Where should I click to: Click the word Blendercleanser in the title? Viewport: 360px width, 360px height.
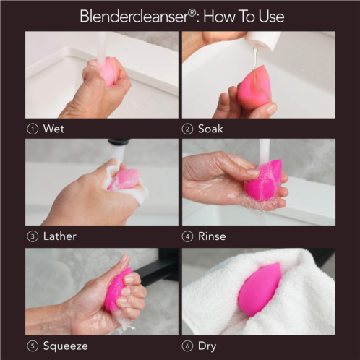pyautogui.click(x=134, y=17)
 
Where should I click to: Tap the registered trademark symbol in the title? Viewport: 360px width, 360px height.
pyautogui.click(x=192, y=13)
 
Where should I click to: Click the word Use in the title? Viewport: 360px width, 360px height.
pyautogui.click(x=271, y=17)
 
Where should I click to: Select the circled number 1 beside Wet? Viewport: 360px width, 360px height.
pyautogui.click(x=33, y=129)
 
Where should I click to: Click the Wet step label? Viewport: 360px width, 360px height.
pyautogui.click(x=53, y=129)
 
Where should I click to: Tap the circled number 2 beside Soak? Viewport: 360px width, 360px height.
pyautogui.click(x=187, y=129)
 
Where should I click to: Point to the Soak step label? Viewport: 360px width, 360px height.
pyautogui.click(x=210, y=129)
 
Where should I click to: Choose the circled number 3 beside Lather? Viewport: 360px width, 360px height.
pyautogui.click(x=33, y=236)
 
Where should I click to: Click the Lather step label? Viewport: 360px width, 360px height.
pyautogui.click(x=60, y=236)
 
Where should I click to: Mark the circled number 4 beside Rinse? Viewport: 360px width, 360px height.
pyautogui.click(x=187, y=236)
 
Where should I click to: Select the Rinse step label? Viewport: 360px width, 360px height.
pyautogui.click(x=212, y=236)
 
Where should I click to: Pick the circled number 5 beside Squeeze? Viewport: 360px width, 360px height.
pyautogui.click(x=33, y=346)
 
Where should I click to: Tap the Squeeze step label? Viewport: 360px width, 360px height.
pyautogui.click(x=66, y=346)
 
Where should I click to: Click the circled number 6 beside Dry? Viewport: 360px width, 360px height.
pyautogui.click(x=187, y=346)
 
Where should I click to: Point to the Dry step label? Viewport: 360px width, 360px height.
pyautogui.click(x=207, y=346)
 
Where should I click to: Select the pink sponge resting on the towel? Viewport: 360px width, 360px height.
pyautogui.click(x=260, y=289)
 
